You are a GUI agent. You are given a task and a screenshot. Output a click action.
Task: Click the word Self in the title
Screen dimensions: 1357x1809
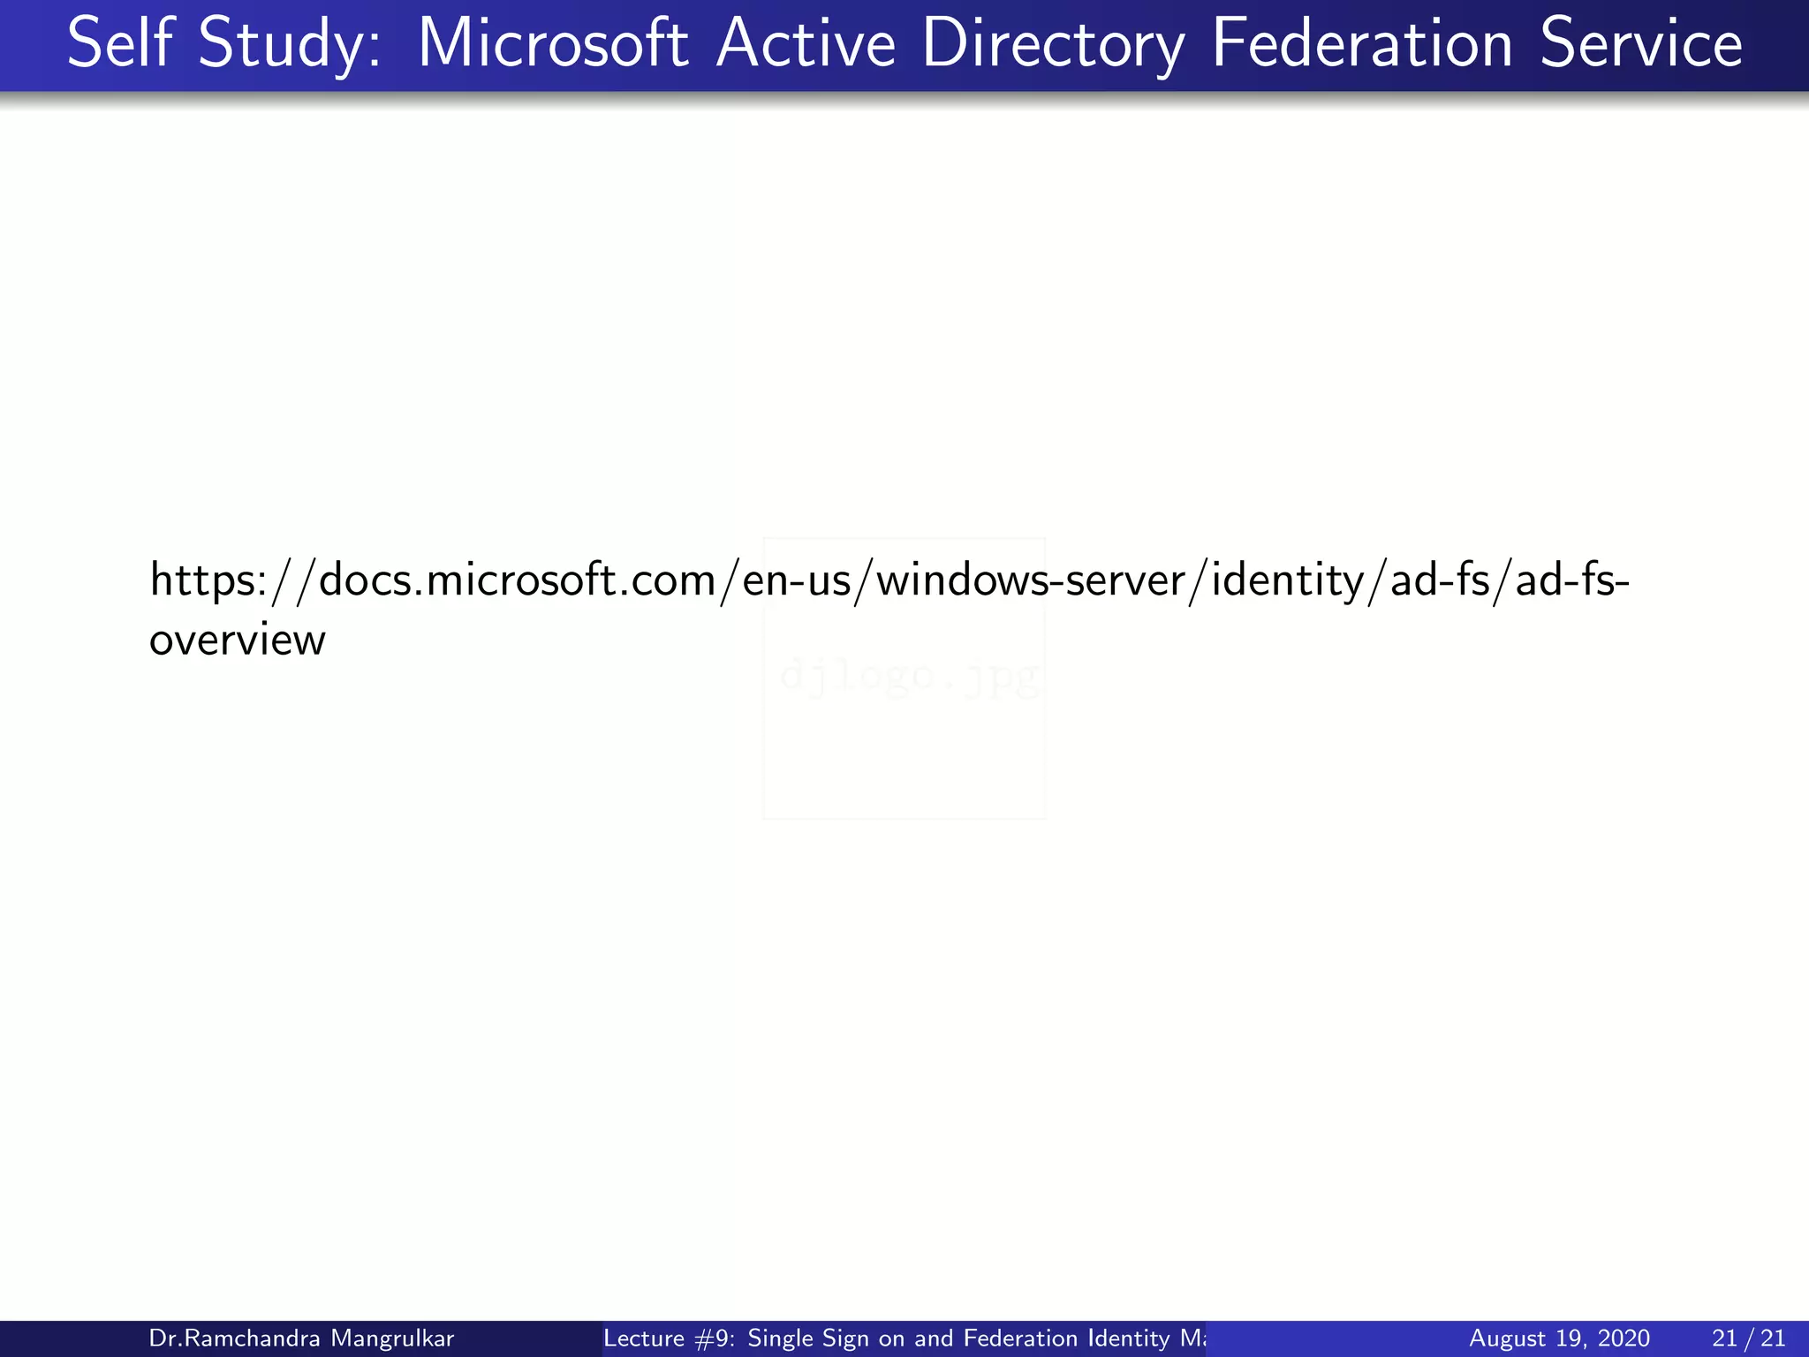coord(118,43)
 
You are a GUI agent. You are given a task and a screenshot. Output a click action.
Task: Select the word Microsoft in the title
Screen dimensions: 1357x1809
coord(552,43)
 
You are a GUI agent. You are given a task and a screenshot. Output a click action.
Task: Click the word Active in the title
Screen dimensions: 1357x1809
coord(806,43)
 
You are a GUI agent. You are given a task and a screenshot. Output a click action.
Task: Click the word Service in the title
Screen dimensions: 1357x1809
coord(1641,43)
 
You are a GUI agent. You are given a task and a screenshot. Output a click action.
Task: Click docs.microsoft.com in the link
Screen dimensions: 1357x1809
coord(517,580)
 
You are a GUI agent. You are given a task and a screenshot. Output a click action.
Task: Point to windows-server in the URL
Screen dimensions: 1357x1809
coord(1030,580)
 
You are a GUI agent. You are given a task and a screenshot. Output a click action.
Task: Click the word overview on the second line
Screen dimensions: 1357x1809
coord(237,641)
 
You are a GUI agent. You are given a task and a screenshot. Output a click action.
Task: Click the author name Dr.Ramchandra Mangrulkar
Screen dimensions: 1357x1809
coord(301,1338)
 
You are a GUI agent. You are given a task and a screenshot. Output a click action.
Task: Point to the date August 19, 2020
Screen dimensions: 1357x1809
coord(1559,1338)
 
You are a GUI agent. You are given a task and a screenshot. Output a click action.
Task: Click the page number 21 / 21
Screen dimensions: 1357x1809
coord(1748,1338)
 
